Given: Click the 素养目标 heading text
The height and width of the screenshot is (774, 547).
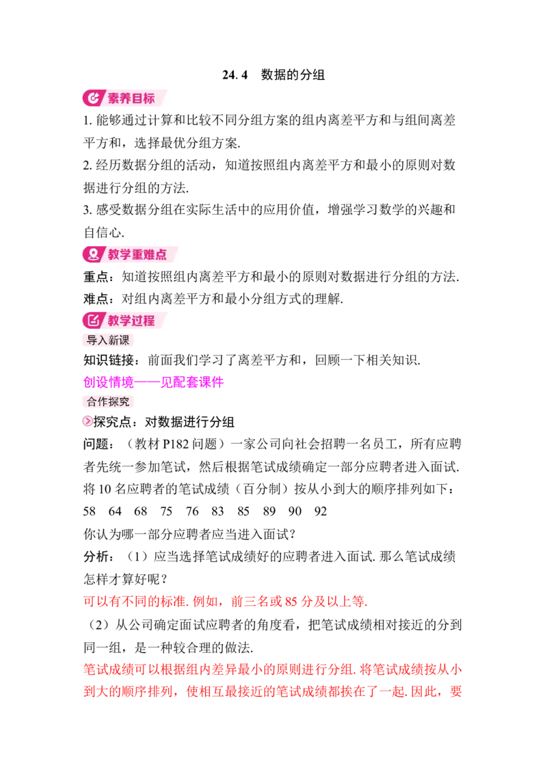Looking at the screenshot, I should click(131, 98).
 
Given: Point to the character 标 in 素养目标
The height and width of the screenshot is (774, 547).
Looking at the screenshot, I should click(148, 98).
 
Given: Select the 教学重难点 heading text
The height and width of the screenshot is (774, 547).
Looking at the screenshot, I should click(137, 254).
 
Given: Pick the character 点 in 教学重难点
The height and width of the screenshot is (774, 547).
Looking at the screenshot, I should click(161, 254).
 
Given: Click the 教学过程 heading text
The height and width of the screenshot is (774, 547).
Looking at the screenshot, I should click(131, 321).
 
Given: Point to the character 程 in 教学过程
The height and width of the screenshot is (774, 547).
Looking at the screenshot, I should click(148, 321).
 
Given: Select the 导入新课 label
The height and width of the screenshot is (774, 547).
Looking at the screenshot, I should click(108, 340).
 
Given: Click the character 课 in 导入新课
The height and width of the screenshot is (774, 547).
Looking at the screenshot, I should click(124, 340).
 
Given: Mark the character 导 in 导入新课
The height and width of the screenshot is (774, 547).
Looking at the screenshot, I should click(92, 340).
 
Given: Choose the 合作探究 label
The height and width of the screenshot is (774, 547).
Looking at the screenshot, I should click(108, 401).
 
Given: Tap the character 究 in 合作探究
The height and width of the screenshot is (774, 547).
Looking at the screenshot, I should click(124, 401).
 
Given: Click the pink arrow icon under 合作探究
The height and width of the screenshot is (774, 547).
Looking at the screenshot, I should click(88, 421).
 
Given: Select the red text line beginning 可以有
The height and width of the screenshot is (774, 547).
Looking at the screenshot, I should click(226, 602).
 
